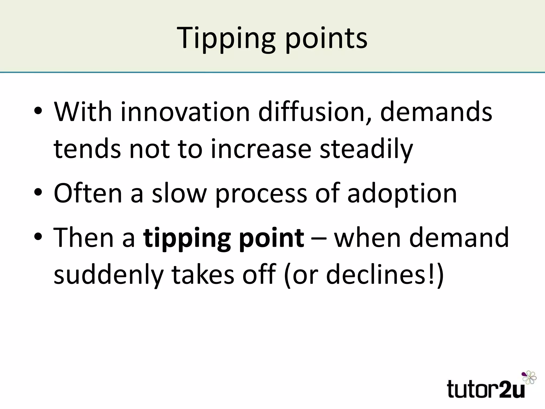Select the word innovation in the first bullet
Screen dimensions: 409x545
(x=185, y=112)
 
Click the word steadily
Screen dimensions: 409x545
(x=366, y=149)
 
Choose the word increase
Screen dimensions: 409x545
(x=261, y=149)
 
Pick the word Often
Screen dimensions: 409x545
(x=88, y=193)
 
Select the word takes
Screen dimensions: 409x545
(x=203, y=274)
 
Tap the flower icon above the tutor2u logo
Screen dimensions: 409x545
(x=529, y=378)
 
